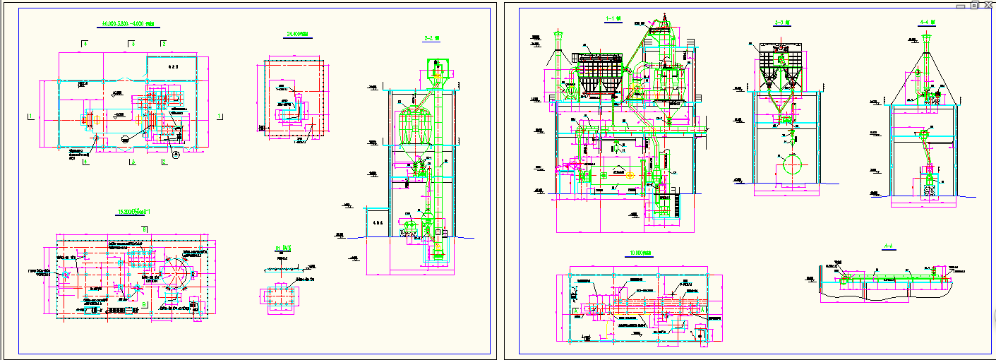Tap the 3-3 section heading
click(x=780, y=23)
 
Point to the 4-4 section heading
click(x=927, y=22)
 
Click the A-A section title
click(x=889, y=246)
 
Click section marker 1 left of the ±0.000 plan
click(x=30, y=116)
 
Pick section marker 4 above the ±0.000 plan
click(x=85, y=44)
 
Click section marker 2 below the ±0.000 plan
click(x=164, y=162)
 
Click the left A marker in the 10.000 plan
click(x=575, y=310)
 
